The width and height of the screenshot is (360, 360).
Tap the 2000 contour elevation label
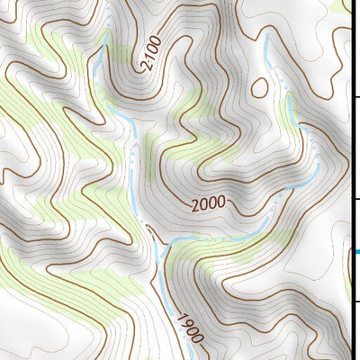point(208,204)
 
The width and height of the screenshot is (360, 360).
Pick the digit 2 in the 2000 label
point(195,206)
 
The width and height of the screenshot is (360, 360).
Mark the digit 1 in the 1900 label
point(180,318)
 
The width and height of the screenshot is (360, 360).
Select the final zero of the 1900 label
point(198,341)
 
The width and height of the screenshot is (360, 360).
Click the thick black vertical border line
point(350,180)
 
